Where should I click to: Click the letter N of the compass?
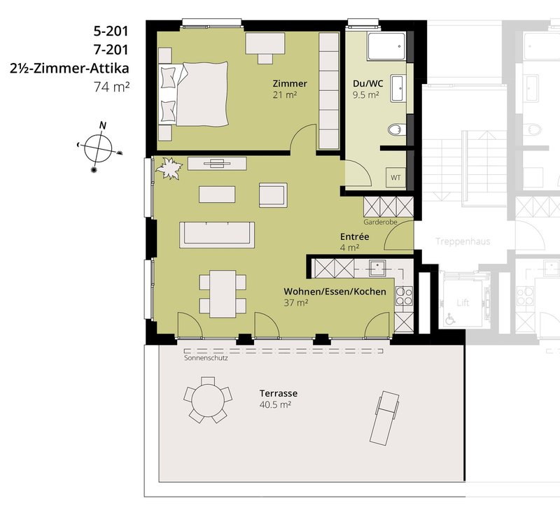point(103,126)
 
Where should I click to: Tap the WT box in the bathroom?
point(395,178)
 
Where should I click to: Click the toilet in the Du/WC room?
point(397,129)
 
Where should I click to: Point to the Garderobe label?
point(380,222)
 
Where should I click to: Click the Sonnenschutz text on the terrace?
point(206,358)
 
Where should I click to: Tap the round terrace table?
point(208,399)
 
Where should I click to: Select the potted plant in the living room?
point(169,168)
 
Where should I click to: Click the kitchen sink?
point(377,268)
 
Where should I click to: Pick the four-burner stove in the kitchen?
point(404,296)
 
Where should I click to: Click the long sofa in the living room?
point(217,234)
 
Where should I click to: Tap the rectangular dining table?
point(223,294)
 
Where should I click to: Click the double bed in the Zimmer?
point(194,94)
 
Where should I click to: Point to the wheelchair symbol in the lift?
point(450,319)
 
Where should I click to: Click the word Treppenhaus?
point(463,241)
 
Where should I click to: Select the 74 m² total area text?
point(111,87)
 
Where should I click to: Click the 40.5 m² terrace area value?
point(275,405)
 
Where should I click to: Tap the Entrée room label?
point(355,236)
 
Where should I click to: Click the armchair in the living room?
point(273,195)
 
